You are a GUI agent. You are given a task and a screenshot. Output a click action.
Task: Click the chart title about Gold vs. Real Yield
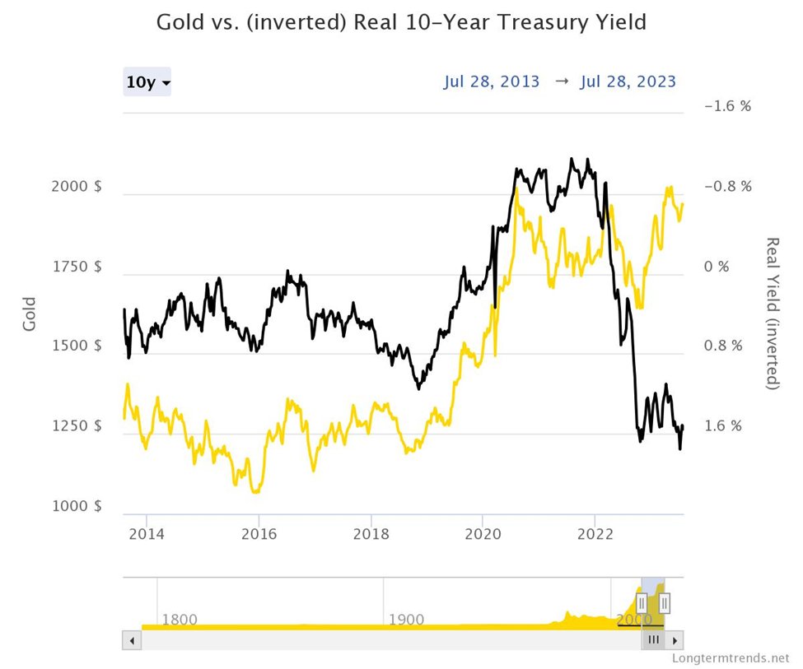click(x=401, y=21)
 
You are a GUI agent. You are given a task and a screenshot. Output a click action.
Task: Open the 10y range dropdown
click(x=147, y=82)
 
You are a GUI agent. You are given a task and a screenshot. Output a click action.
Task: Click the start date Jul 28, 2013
click(x=492, y=81)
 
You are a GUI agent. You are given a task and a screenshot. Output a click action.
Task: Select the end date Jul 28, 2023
click(x=628, y=81)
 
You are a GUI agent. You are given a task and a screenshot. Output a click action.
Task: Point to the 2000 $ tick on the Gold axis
click(x=76, y=187)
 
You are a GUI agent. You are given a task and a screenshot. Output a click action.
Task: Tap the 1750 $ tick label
click(x=76, y=267)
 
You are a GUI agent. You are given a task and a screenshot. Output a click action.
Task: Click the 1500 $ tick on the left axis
click(x=76, y=346)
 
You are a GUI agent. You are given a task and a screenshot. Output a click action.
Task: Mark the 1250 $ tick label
click(x=76, y=426)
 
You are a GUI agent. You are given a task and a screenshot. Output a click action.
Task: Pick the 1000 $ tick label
click(x=76, y=506)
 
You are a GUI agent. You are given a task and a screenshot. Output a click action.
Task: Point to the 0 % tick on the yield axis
click(x=717, y=267)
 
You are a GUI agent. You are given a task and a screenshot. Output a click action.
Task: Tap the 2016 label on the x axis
click(x=259, y=533)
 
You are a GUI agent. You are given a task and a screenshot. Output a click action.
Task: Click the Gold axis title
click(x=30, y=314)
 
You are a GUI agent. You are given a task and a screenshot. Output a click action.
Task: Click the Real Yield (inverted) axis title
click(x=773, y=314)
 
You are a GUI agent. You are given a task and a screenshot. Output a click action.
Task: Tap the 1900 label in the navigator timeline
click(x=405, y=619)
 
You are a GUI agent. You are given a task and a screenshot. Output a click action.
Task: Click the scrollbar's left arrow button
click(x=132, y=640)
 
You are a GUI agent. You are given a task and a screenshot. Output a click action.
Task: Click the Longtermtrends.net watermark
click(x=731, y=658)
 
